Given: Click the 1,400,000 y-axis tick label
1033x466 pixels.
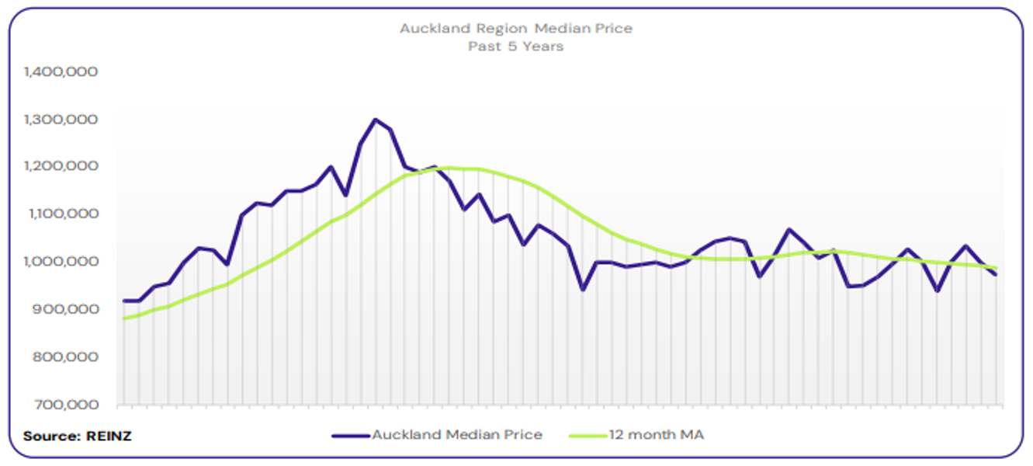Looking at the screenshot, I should [x=61, y=71].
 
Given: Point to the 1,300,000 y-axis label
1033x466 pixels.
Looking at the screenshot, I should [x=61, y=120].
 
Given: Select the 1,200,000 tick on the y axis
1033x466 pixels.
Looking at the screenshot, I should [x=61, y=166].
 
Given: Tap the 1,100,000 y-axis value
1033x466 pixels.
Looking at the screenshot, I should [x=61, y=214].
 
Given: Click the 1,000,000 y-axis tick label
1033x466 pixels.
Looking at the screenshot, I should [x=61, y=262].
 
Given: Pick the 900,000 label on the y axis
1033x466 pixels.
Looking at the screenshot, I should [x=66, y=309].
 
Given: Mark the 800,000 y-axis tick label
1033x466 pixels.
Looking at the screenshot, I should [x=66, y=357].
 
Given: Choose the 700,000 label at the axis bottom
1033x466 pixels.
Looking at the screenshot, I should [x=66, y=405].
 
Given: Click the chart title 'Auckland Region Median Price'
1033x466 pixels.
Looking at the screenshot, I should [x=516, y=29].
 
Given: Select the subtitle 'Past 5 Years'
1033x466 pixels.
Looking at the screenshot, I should [x=516, y=47].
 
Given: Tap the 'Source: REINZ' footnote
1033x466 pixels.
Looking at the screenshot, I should [x=78, y=436].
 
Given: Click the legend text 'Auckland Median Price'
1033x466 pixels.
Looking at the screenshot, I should [x=457, y=435].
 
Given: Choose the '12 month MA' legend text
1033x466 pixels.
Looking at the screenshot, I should [x=657, y=435].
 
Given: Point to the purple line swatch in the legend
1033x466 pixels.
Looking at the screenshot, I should [x=351, y=436].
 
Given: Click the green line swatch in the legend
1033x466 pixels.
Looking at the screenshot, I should [x=588, y=436].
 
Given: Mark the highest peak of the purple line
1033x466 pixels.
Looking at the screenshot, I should [x=376, y=120].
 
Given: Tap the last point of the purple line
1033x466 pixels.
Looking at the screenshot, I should [x=996, y=275].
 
